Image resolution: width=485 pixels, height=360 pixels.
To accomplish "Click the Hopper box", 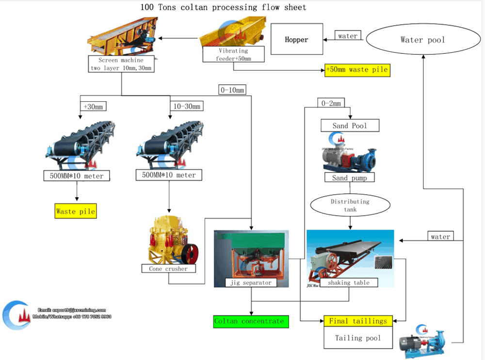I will tap(296, 39).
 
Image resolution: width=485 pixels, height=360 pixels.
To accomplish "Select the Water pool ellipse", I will tap(422, 40).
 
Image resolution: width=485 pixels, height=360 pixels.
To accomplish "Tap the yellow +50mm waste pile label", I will tap(357, 70).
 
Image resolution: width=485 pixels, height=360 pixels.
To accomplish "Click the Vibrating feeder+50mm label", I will tap(233, 54).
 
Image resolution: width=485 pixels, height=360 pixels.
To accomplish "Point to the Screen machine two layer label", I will tap(121, 64).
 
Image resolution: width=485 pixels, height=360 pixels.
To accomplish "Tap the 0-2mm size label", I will tap(331, 103).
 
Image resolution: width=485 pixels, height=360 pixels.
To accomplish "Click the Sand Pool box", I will tap(350, 126).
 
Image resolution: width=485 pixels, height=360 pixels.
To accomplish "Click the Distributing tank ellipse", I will tap(350, 205).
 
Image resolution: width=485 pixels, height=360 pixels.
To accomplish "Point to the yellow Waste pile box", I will tap(76, 211).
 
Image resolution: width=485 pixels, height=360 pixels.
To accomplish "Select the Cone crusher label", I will tap(168, 268).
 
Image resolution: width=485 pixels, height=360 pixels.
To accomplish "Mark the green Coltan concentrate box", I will tap(251, 321).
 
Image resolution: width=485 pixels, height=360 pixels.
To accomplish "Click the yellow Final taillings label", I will tap(358, 321).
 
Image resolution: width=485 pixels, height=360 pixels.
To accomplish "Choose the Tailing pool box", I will tap(358, 338).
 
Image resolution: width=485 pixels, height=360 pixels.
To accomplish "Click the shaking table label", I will tap(348, 282).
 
